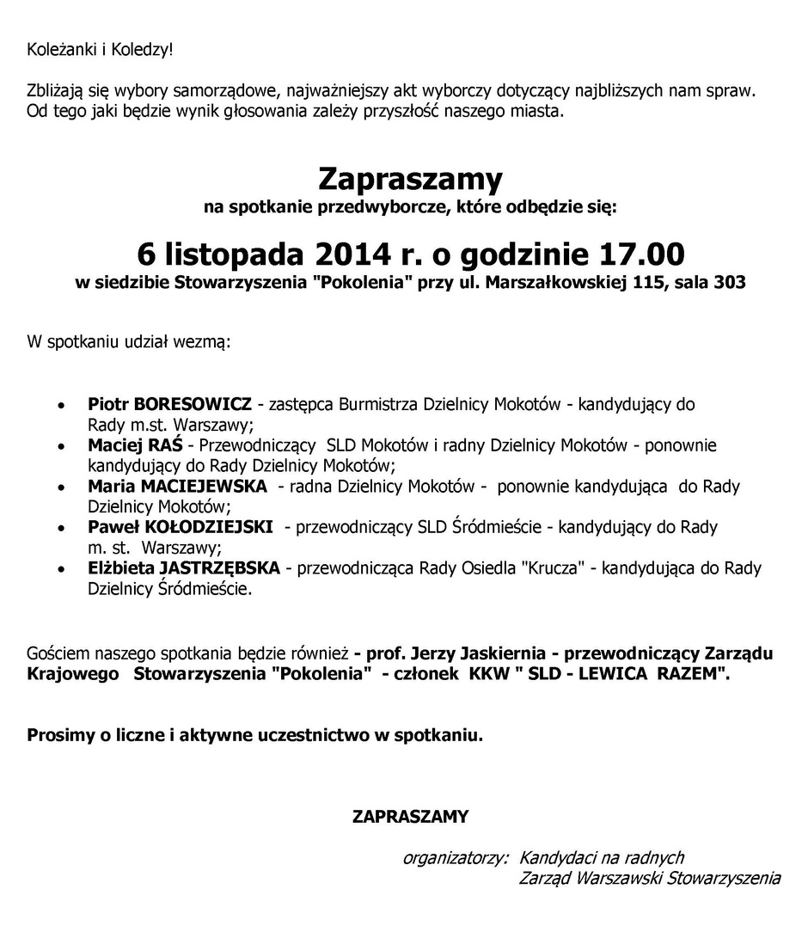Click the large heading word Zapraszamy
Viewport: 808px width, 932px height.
click(410, 180)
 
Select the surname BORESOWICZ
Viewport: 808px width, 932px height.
click(193, 403)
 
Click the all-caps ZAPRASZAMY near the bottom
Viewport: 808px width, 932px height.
click(410, 816)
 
